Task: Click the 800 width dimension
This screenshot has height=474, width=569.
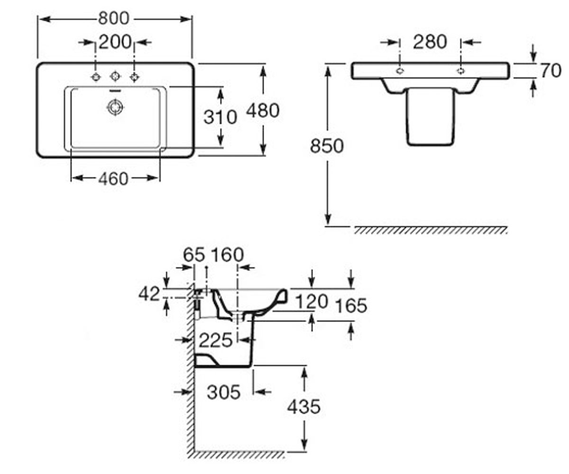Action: click(x=114, y=18)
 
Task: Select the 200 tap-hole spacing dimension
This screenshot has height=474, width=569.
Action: click(x=115, y=42)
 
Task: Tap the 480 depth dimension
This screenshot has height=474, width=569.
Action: click(x=263, y=110)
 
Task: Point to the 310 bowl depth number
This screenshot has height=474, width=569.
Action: click(x=220, y=118)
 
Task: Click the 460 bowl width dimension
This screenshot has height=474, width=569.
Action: click(x=113, y=179)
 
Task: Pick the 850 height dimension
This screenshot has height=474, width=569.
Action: click(x=327, y=146)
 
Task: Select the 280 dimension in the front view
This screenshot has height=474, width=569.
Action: click(x=430, y=42)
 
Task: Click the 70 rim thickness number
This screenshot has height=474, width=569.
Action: click(x=551, y=71)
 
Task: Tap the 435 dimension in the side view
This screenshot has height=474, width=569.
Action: click(x=304, y=407)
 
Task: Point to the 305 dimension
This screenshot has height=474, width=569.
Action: click(x=223, y=392)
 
